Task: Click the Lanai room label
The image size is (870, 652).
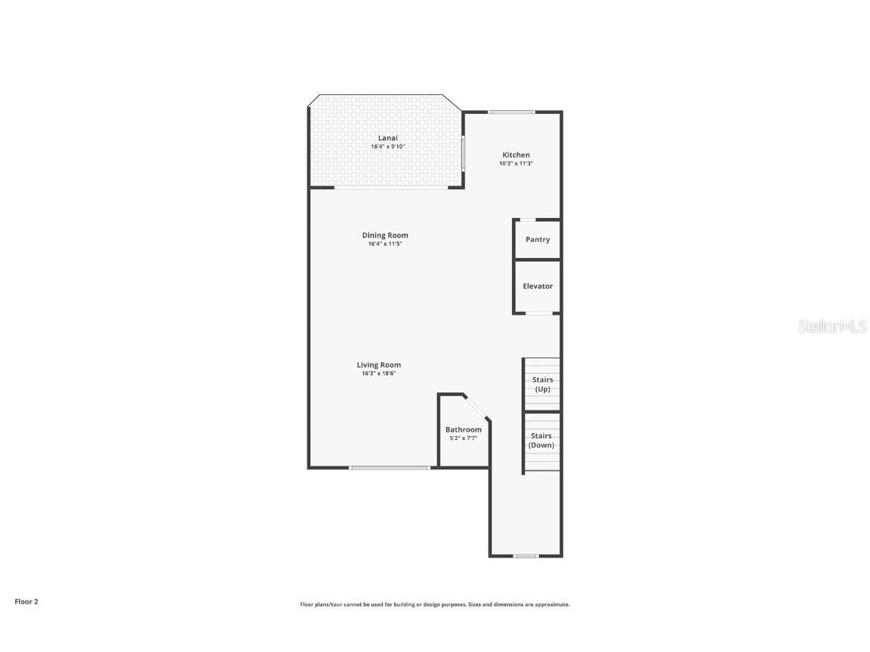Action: tap(387, 138)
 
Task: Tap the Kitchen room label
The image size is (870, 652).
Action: tap(516, 155)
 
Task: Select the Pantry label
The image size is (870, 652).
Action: tap(538, 239)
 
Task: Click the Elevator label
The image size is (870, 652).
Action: tap(538, 286)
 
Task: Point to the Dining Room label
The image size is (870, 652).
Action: tap(384, 235)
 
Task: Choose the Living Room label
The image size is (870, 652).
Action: tap(379, 364)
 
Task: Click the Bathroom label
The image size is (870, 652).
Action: tap(463, 429)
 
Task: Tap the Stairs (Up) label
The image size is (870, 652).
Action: tap(542, 384)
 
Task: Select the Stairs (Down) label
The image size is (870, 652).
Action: tap(541, 440)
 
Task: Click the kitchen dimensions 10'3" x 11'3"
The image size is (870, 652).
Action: tap(516, 164)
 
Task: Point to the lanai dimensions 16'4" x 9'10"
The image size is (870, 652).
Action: tap(387, 146)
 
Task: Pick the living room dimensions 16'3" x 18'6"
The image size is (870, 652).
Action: tap(379, 374)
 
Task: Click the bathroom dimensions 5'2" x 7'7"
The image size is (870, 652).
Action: tap(463, 438)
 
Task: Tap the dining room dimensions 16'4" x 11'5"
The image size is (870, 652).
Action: tap(384, 244)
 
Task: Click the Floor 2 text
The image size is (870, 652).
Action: tap(26, 601)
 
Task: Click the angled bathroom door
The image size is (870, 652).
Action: tap(477, 406)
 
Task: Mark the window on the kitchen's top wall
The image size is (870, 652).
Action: tap(511, 112)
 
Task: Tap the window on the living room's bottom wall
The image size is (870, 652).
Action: tap(389, 468)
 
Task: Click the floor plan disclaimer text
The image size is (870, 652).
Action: tap(435, 604)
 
